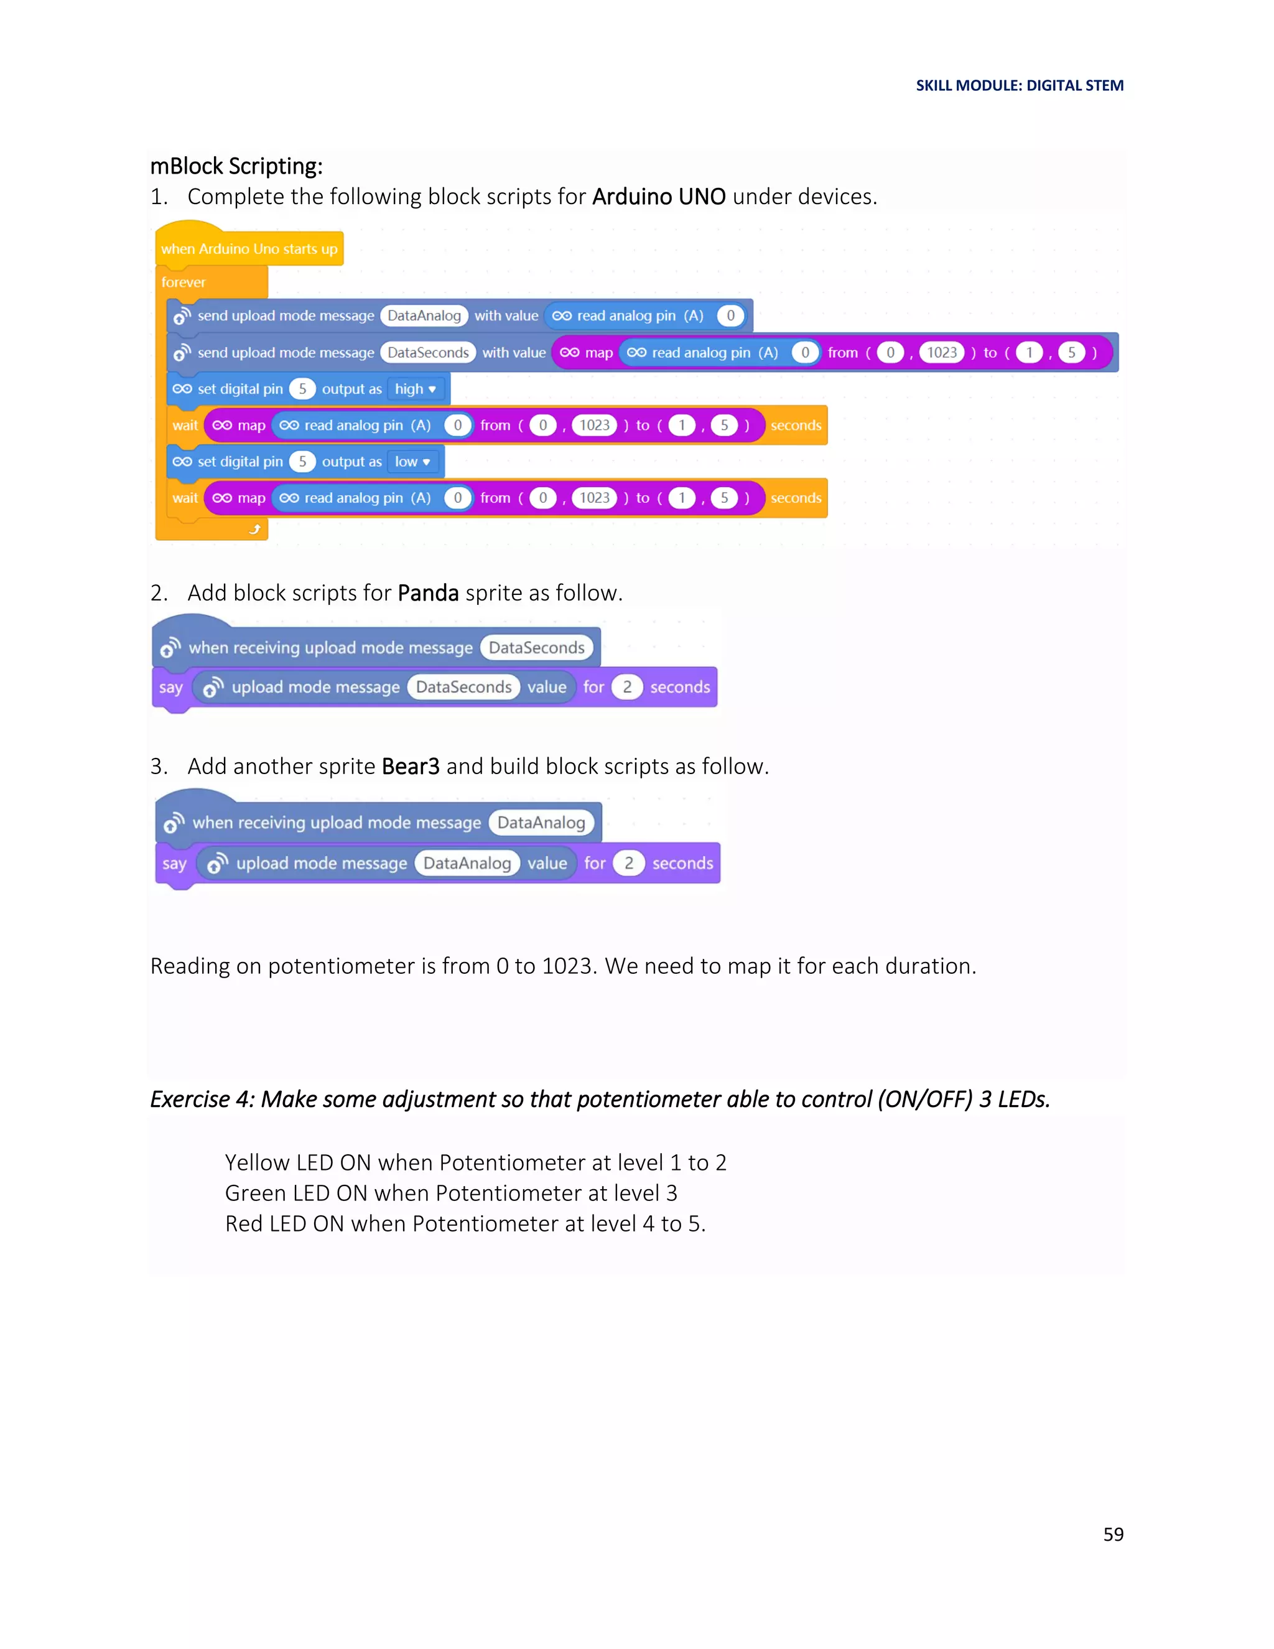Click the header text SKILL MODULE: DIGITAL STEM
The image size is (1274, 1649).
(1019, 85)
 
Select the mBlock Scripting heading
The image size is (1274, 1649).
(236, 166)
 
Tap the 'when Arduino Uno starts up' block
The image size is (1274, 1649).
(249, 248)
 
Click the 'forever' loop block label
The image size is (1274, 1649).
(184, 283)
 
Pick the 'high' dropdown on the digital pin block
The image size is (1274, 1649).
(415, 389)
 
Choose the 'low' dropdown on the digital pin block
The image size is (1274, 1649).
(412, 461)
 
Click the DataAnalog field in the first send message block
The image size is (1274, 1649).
(424, 315)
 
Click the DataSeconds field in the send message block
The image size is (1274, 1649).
(428, 353)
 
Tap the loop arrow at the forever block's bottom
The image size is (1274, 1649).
(255, 530)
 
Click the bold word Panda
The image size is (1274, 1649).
(428, 592)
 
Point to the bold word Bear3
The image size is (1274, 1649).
(411, 767)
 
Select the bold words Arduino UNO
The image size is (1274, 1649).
(659, 196)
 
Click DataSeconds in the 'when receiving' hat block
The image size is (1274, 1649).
(537, 647)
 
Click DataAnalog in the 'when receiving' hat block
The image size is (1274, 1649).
(541, 822)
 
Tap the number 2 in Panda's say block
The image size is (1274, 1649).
(626, 687)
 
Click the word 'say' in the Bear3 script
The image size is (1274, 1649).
(174, 863)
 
